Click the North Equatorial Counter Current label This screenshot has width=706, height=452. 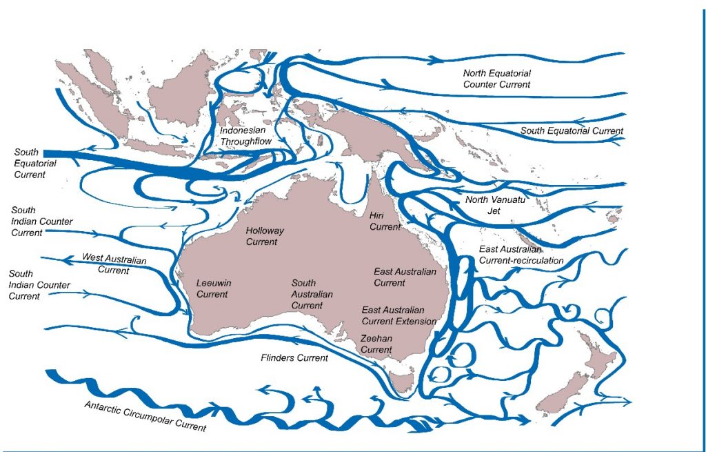pyautogui.click(x=497, y=79)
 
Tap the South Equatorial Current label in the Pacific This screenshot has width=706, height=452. pyautogui.click(x=572, y=131)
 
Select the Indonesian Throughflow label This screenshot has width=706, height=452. pyautogui.click(x=246, y=136)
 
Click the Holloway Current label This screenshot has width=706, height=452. pyautogui.click(x=265, y=236)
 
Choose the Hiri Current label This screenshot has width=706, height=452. pyautogui.click(x=385, y=221)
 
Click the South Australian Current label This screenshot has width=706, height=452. pyautogui.click(x=312, y=294)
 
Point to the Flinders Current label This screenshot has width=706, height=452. pyautogui.click(x=294, y=357)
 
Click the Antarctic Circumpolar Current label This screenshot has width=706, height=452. pyautogui.click(x=145, y=415)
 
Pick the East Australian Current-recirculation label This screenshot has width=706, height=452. pyautogui.click(x=521, y=255)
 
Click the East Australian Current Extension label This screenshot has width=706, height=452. pyautogui.click(x=399, y=316)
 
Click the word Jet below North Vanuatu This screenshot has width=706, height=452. pyautogui.click(x=494, y=210)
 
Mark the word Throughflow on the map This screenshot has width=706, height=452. pyautogui.click(x=246, y=141)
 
